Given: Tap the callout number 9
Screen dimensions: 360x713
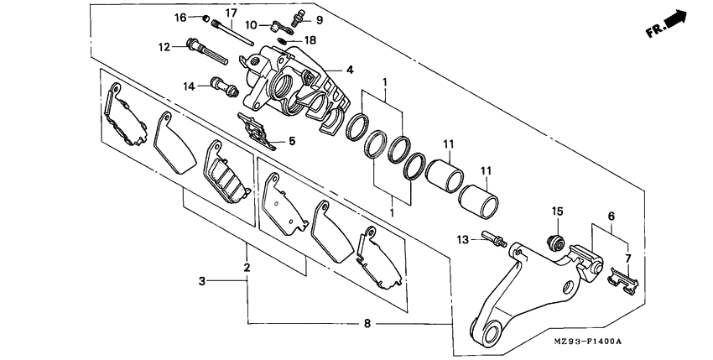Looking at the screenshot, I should pyautogui.click(x=319, y=19).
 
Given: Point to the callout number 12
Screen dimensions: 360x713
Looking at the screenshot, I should pyautogui.click(x=164, y=46).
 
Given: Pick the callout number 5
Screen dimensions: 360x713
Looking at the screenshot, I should pyautogui.click(x=291, y=141).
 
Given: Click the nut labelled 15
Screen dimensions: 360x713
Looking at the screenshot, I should pyautogui.click(x=553, y=243).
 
